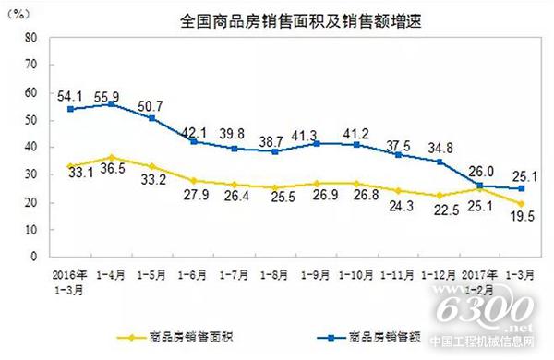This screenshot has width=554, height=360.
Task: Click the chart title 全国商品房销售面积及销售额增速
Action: pyautogui.click(x=278, y=19)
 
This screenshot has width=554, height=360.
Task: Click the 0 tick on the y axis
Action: pyautogui.click(x=33, y=256)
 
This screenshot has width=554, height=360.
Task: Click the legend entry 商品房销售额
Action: pyautogui.click(x=369, y=337)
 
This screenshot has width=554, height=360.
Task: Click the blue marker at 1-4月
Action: pyautogui.click(x=112, y=103)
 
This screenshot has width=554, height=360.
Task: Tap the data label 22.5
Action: pyautogui.click(x=441, y=210)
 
